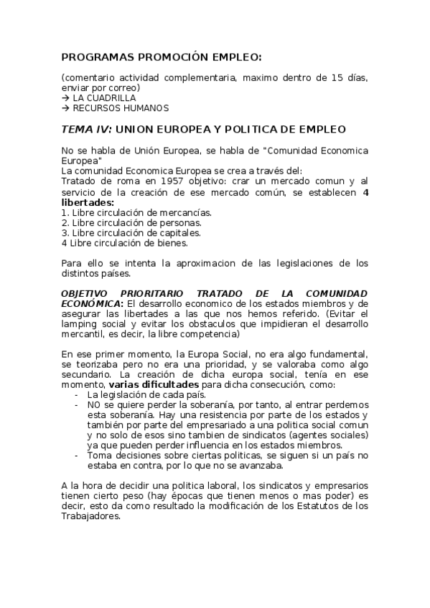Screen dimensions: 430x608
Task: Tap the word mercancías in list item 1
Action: point(187,212)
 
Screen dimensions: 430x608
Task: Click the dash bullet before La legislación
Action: point(77,395)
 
